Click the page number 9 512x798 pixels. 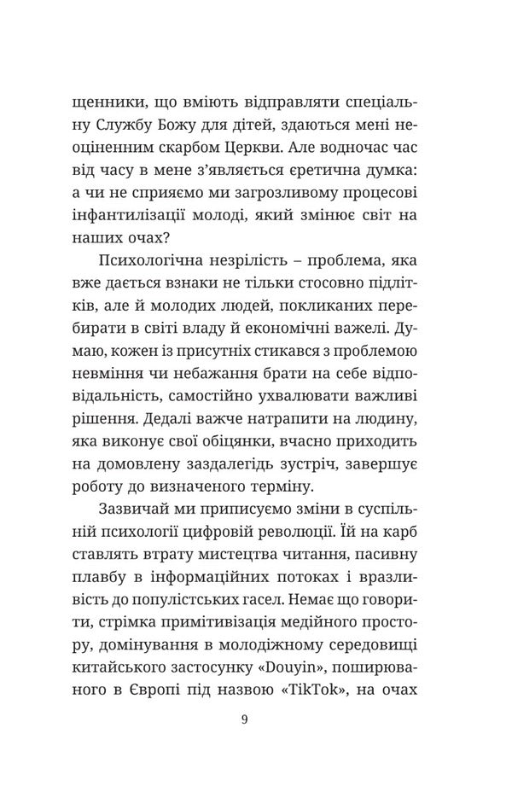[x=245, y=719]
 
